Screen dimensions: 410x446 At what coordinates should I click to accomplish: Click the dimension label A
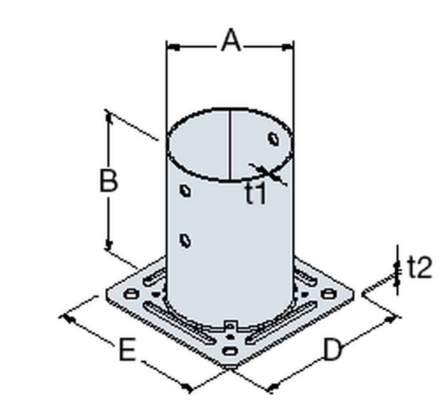click(231, 42)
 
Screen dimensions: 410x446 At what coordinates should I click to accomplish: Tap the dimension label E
click(127, 350)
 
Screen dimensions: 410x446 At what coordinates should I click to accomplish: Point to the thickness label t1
click(256, 194)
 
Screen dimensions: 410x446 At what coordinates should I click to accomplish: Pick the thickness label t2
click(420, 268)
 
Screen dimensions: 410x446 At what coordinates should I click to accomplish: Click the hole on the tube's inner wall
click(273, 139)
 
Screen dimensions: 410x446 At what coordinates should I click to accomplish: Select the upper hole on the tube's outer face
click(185, 191)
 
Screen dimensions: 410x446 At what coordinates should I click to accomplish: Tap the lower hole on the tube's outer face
click(185, 241)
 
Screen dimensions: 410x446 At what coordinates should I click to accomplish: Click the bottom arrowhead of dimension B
click(108, 244)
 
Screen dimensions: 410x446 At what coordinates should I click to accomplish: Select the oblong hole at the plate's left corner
click(131, 293)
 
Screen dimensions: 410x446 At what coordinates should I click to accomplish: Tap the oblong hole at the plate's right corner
click(328, 293)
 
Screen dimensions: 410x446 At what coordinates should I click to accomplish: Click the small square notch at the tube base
click(230, 324)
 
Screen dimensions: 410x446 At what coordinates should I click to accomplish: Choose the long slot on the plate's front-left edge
click(176, 319)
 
